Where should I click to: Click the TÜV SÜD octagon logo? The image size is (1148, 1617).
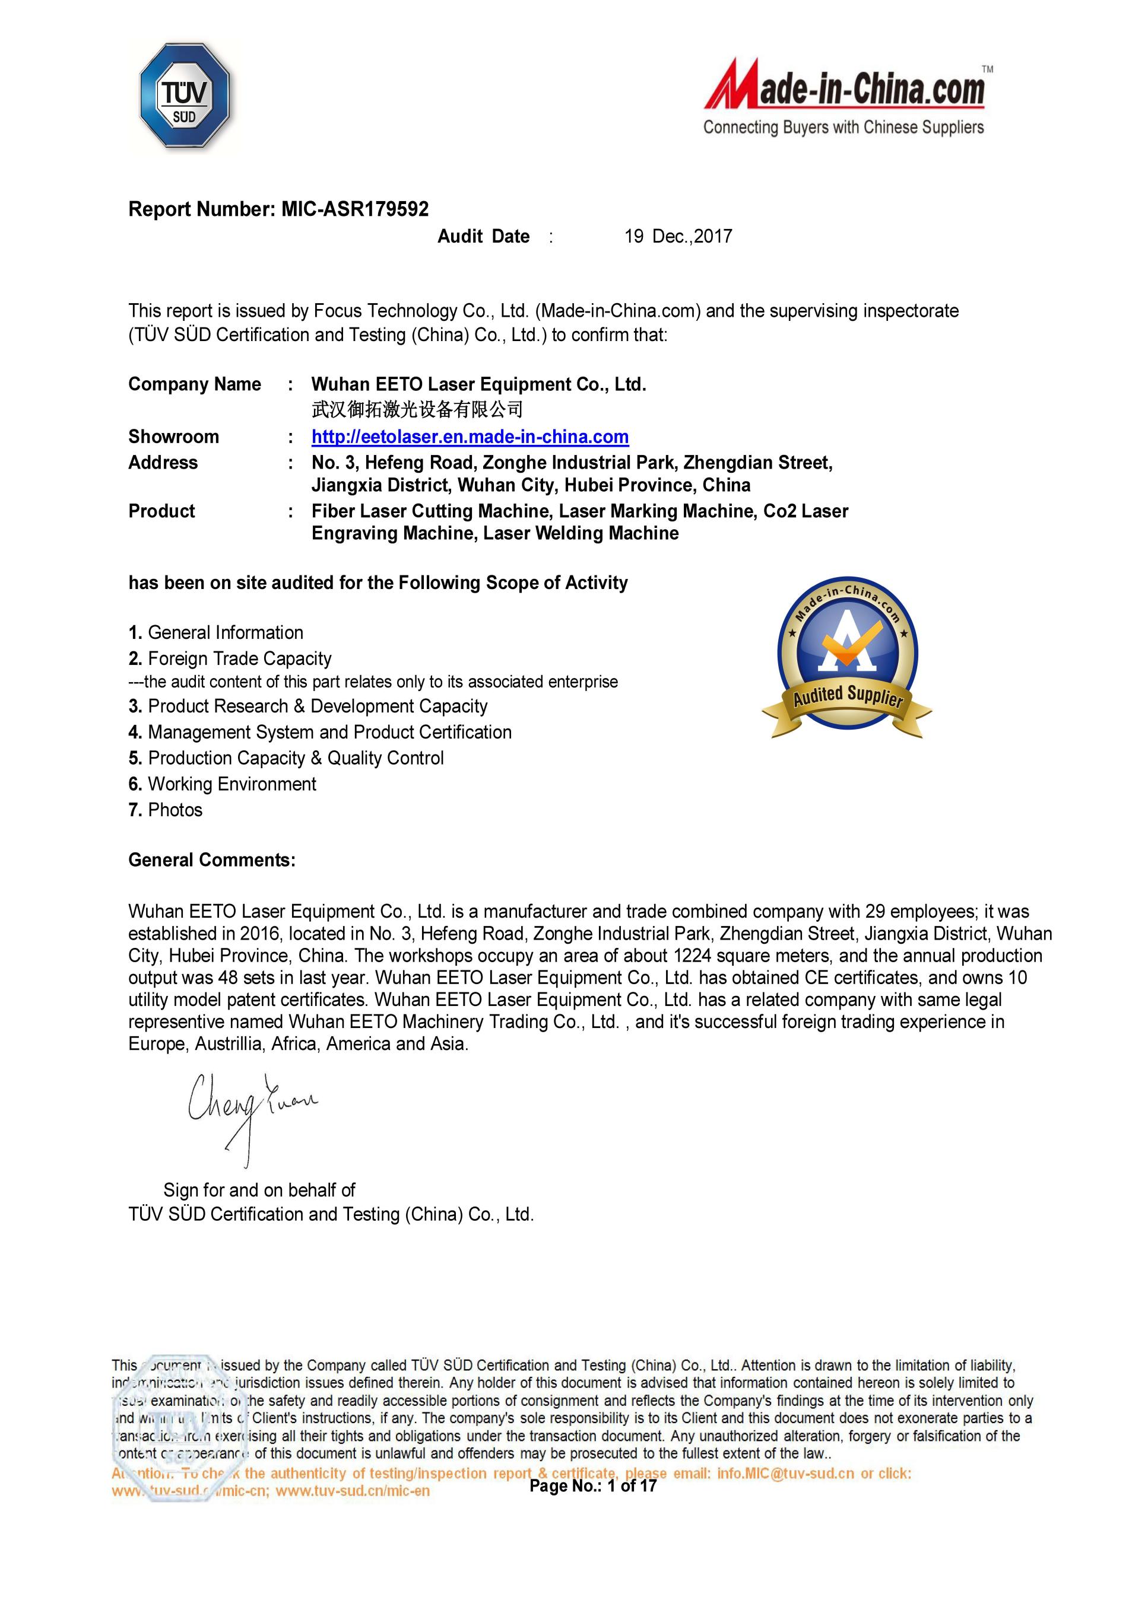click(x=185, y=96)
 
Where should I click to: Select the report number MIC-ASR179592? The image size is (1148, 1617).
click(x=355, y=209)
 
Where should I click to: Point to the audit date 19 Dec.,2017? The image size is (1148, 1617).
click(x=678, y=237)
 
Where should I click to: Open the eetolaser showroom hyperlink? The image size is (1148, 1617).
click(x=470, y=437)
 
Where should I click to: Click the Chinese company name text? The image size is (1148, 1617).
click(x=417, y=409)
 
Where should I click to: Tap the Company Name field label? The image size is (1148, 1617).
click(x=194, y=384)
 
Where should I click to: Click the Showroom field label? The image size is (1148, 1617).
click(x=173, y=437)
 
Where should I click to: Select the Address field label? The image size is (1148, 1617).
click(x=163, y=463)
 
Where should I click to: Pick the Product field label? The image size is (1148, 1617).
click(x=161, y=511)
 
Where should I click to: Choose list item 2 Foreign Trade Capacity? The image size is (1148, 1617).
click(x=230, y=658)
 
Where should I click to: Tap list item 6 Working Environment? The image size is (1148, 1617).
click(x=223, y=784)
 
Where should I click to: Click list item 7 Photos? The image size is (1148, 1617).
click(x=166, y=810)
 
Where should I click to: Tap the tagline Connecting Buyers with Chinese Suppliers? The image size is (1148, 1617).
click(x=843, y=128)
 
